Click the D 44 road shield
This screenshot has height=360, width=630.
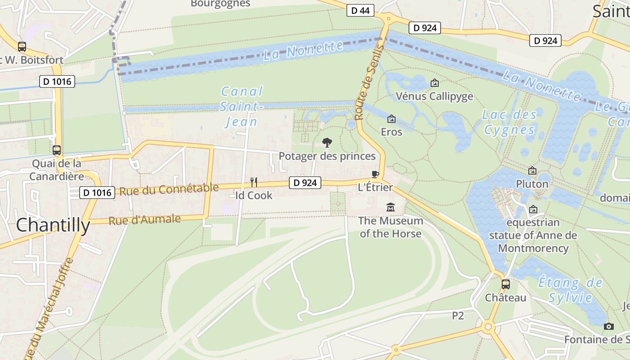click(x=360, y=11)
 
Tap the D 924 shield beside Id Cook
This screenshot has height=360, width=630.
click(x=305, y=183)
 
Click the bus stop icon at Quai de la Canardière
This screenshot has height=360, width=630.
click(x=57, y=150)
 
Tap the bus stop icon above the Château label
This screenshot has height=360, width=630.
click(x=506, y=284)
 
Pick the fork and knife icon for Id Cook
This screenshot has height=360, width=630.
click(x=254, y=182)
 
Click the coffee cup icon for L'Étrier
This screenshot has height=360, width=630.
click(x=375, y=175)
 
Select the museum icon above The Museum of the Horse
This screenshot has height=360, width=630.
click(x=390, y=207)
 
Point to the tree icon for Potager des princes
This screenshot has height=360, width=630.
click(x=327, y=143)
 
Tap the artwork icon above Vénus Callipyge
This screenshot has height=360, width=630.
click(x=434, y=83)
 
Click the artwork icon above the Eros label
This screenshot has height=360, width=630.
click(x=391, y=119)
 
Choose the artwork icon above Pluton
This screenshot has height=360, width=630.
click(x=532, y=171)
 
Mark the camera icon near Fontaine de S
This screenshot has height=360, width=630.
click(x=608, y=326)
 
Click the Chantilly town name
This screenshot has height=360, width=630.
click(x=53, y=225)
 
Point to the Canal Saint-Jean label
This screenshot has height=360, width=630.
click(x=242, y=107)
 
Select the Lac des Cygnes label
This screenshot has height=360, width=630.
click(x=509, y=122)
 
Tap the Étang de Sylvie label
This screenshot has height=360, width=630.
click(x=570, y=290)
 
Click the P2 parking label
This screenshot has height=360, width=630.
click(x=458, y=316)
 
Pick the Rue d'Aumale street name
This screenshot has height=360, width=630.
click(x=144, y=220)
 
